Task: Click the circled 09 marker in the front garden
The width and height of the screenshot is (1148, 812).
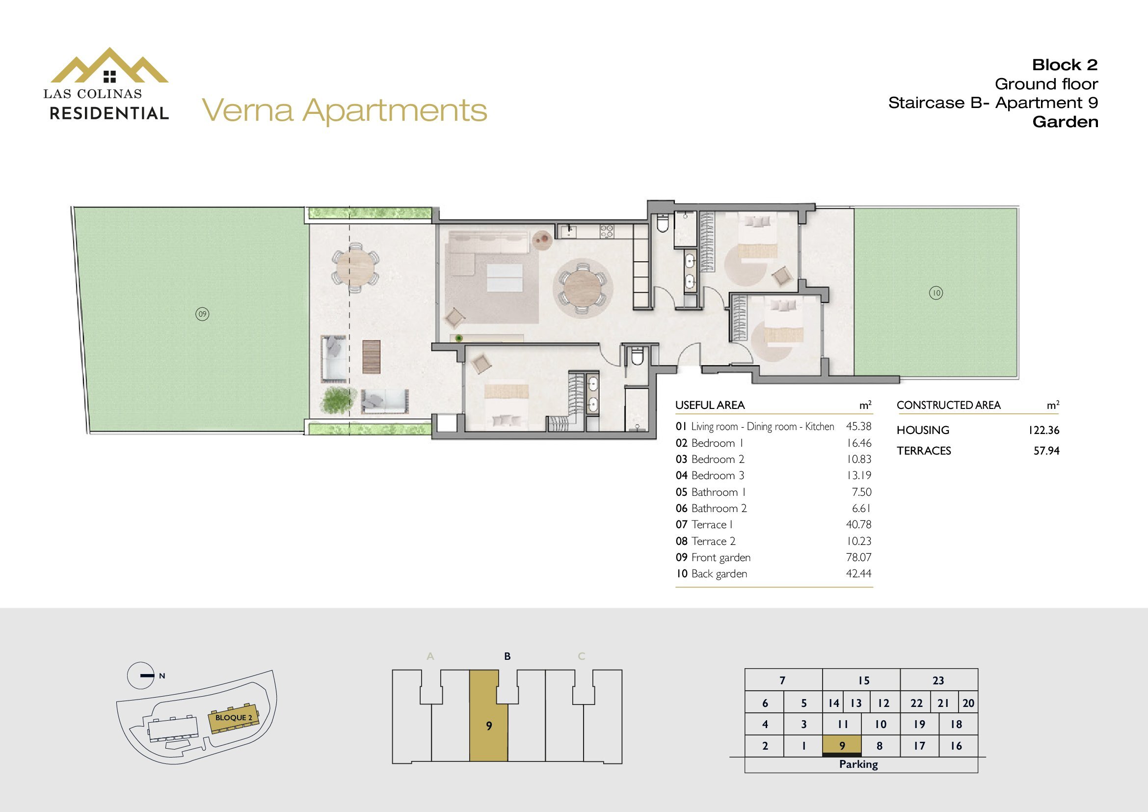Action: pos(202,314)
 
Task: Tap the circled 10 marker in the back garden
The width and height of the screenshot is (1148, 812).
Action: pos(936,293)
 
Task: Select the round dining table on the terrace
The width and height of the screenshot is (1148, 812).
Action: pos(355,267)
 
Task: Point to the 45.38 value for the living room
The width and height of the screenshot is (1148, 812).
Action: pos(858,426)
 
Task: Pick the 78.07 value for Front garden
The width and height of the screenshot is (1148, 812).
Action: pos(858,557)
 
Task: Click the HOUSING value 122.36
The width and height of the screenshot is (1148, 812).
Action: pos(1044,430)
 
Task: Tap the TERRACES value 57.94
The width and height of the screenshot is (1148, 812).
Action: pos(1046,451)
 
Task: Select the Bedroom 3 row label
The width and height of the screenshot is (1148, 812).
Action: pos(718,476)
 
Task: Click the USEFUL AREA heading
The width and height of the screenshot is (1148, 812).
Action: pos(710,405)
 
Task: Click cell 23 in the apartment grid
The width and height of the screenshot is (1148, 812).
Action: pos(938,680)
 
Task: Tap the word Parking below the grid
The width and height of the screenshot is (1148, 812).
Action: pos(858,764)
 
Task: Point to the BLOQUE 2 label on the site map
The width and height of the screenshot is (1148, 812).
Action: pos(234,718)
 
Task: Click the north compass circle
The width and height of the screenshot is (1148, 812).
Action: pos(140,676)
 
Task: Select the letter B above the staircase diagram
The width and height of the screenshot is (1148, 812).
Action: pos(507,656)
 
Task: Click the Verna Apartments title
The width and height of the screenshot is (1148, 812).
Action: pos(345,110)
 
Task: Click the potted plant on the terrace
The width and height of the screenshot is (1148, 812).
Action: pos(336,401)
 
